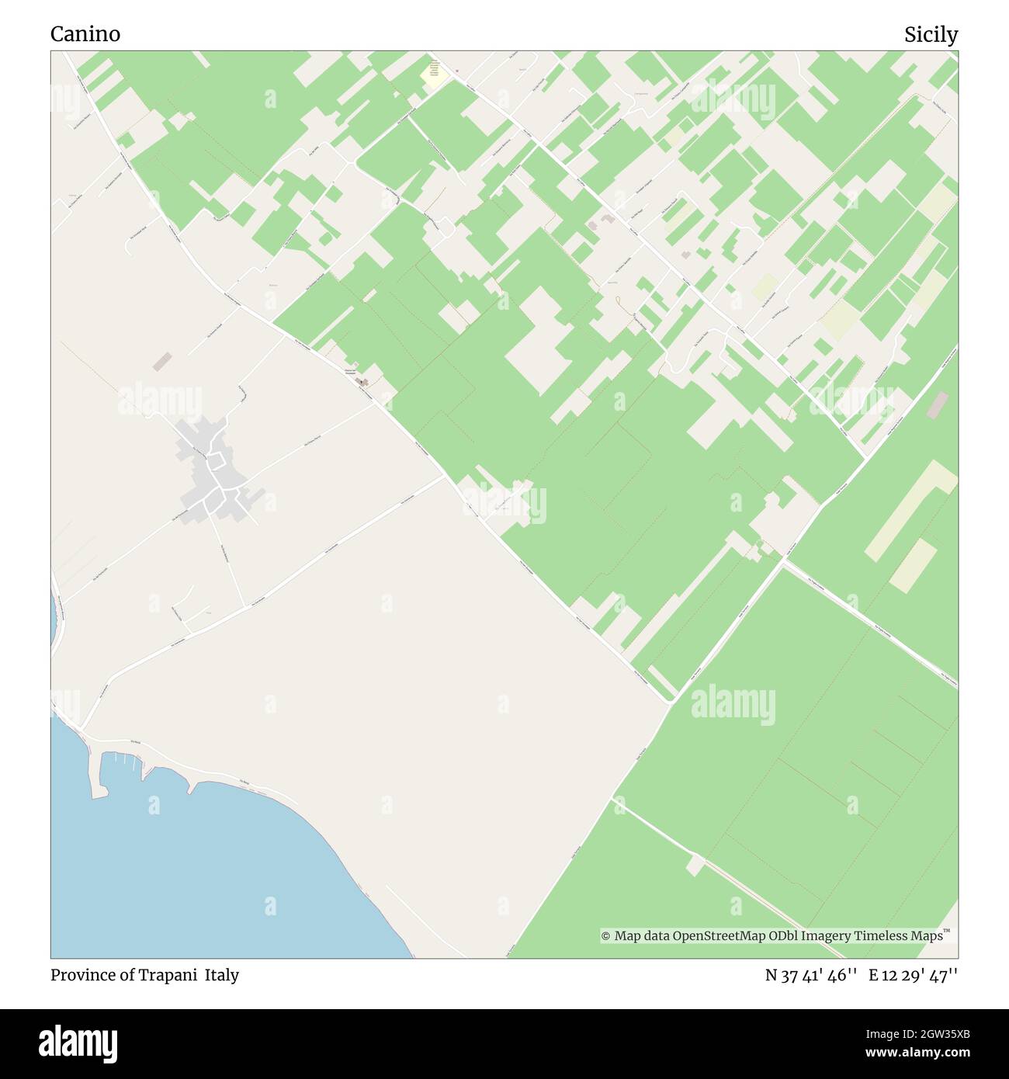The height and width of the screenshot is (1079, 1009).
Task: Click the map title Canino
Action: (85, 34)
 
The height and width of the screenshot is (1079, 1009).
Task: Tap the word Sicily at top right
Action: (931, 35)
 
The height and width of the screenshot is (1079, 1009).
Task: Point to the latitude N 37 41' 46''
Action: (811, 976)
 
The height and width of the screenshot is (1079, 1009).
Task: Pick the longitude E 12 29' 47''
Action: (913, 976)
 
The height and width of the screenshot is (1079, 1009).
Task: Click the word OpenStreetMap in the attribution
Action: (719, 936)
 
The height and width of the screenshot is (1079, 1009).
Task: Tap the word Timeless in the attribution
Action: (882, 936)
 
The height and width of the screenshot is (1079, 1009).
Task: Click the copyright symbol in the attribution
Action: (606, 936)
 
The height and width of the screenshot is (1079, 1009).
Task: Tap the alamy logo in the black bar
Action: (78, 1043)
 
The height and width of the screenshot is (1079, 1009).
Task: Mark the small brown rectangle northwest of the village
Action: (162, 362)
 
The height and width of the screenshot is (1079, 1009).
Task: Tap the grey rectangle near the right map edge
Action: (938, 404)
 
